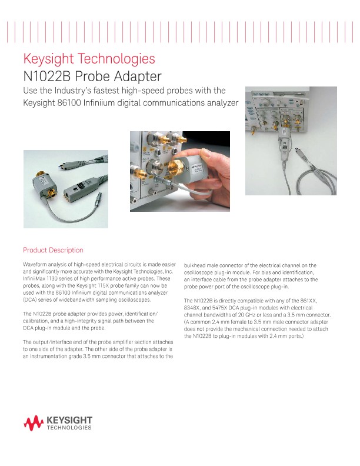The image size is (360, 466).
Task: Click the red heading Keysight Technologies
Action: tap(89, 59)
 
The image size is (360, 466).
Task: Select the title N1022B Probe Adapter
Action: tap(92, 76)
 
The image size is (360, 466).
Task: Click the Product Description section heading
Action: tap(53, 250)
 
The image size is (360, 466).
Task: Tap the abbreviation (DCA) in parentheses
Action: tap(30, 299)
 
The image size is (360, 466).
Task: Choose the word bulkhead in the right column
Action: tap(196, 266)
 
